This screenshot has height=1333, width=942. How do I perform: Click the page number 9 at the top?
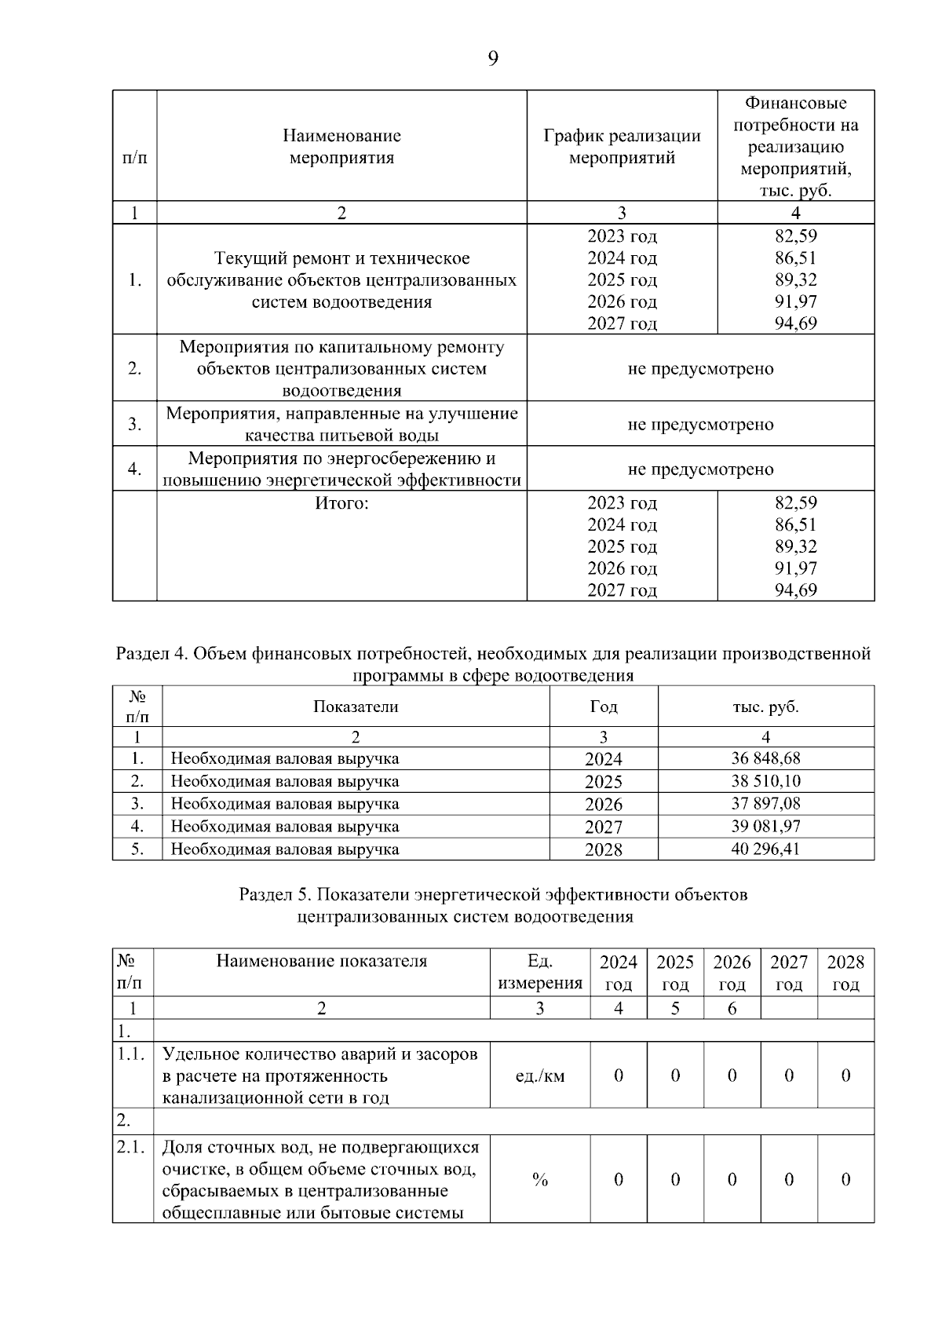click(x=493, y=59)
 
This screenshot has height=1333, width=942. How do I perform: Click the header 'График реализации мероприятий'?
click(x=622, y=147)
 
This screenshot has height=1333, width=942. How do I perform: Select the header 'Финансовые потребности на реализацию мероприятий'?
click(x=795, y=147)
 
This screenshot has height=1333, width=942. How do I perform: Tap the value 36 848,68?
click(x=765, y=758)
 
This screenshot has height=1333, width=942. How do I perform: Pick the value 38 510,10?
click(x=765, y=781)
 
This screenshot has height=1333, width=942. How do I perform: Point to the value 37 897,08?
click(x=765, y=804)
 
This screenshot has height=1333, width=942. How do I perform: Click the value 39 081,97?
click(x=765, y=827)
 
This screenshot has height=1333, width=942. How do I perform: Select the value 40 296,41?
click(x=765, y=849)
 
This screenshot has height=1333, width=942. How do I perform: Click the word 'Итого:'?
click(x=341, y=503)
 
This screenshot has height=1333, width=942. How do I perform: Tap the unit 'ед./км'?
click(x=539, y=1076)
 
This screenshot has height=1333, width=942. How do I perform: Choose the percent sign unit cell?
click(x=539, y=1180)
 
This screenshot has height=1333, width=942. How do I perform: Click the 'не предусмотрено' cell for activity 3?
click(x=700, y=425)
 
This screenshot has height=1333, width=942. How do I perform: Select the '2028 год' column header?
click(x=845, y=973)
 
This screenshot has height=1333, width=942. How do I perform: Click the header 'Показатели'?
click(x=356, y=707)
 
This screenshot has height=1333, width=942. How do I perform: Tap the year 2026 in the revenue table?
click(x=603, y=805)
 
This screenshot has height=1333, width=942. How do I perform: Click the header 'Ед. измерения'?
click(x=539, y=973)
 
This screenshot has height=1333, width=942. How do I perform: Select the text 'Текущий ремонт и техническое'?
click(x=341, y=258)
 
